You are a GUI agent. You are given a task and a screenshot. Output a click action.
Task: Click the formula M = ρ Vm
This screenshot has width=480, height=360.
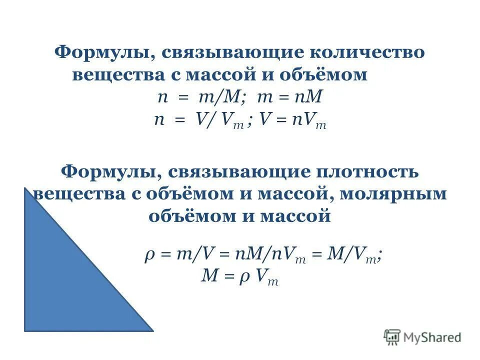239,276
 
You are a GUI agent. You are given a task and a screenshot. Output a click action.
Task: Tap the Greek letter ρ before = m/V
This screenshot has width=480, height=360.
149,255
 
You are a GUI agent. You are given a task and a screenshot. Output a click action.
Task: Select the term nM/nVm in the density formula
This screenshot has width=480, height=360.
267,255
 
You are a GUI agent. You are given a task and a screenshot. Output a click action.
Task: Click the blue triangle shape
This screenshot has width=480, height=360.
65,280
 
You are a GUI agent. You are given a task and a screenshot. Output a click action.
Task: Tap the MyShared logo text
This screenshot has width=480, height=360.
432,337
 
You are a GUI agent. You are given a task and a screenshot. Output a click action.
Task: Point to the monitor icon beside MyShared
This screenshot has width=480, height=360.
392,336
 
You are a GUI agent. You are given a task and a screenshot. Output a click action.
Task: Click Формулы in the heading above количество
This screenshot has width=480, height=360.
102,52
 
